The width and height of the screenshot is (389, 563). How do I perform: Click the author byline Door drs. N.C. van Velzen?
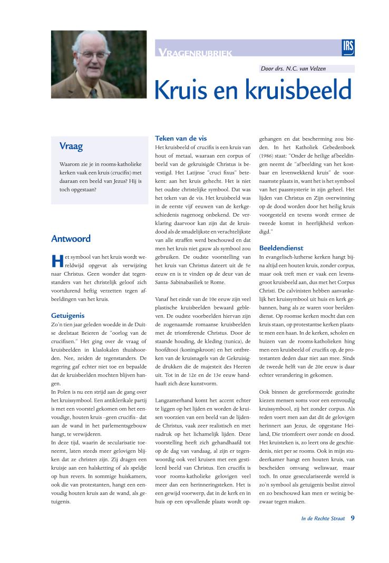click(293, 69)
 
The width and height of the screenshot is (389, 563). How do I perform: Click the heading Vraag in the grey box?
click(71, 146)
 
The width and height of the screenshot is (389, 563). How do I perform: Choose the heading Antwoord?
click(71, 238)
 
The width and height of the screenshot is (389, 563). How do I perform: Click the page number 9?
click(352, 518)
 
